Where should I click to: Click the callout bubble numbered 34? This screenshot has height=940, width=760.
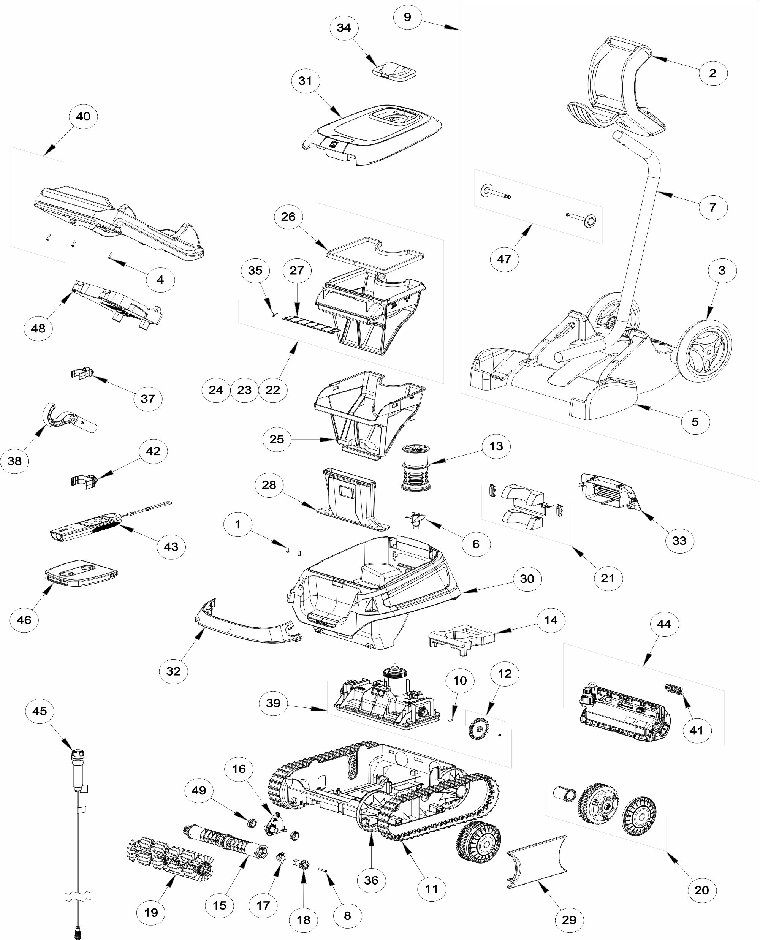click(344, 28)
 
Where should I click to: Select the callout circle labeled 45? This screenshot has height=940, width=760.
click(40, 711)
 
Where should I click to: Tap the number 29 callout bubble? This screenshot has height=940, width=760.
click(569, 919)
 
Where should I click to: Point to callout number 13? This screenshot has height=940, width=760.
click(496, 446)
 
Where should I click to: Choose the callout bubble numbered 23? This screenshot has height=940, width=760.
click(244, 390)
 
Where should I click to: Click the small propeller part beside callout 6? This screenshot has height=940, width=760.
click(416, 519)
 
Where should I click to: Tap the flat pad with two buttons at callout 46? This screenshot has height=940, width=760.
click(81, 573)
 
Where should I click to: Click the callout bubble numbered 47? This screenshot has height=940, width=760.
click(504, 259)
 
